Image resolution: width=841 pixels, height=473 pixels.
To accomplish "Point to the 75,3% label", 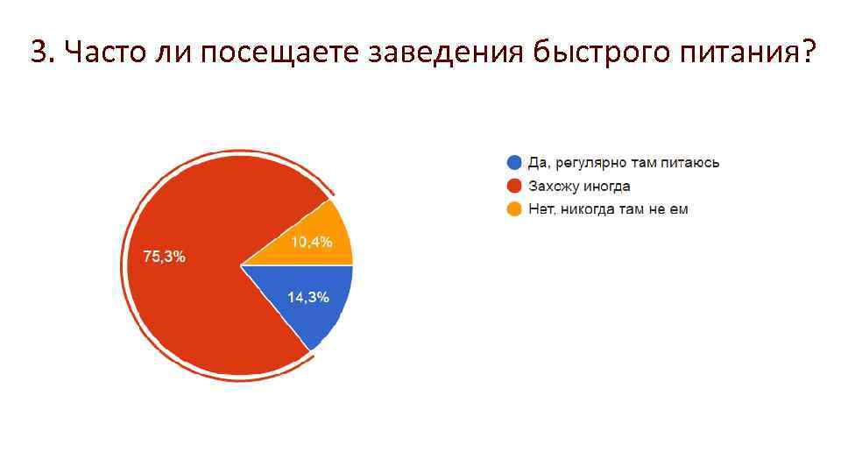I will click(164, 257).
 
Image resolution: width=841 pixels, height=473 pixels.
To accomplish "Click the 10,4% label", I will click(311, 243).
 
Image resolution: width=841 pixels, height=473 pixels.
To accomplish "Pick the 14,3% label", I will click(308, 297).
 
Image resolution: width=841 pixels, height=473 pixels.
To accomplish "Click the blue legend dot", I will click(514, 163).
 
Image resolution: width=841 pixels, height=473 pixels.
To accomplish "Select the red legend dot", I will click(514, 186).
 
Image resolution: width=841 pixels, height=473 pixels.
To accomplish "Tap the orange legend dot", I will click(514, 208).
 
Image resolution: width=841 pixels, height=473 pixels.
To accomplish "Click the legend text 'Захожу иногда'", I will click(579, 186).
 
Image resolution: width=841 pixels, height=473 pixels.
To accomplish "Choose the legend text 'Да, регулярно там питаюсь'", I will click(624, 163).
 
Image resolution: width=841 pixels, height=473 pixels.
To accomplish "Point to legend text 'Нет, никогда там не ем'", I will click(608, 208).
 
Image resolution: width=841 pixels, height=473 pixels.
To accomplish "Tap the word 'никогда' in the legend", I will click(590, 208).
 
